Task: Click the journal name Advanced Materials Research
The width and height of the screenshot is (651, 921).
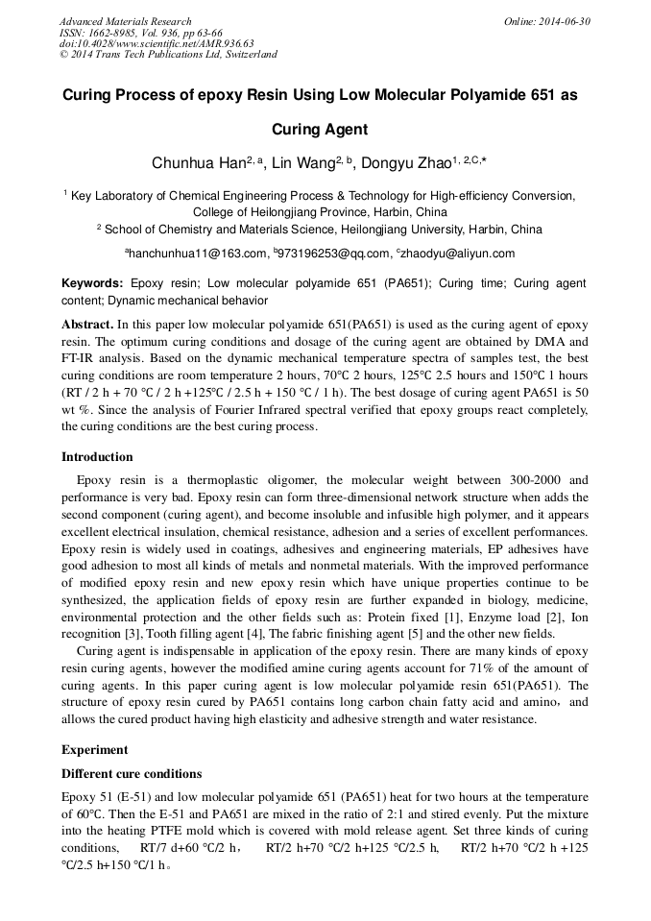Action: point(125,21)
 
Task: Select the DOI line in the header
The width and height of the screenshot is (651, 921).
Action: point(157,43)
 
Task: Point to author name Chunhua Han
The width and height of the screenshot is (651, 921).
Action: point(197,163)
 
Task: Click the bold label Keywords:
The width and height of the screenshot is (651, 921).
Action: point(92,283)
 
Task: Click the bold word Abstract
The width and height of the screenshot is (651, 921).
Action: point(87,327)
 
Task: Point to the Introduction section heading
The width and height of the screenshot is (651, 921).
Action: point(97,457)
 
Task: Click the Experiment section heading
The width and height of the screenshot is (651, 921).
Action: point(94,749)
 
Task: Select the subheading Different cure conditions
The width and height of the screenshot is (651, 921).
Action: point(132,773)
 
